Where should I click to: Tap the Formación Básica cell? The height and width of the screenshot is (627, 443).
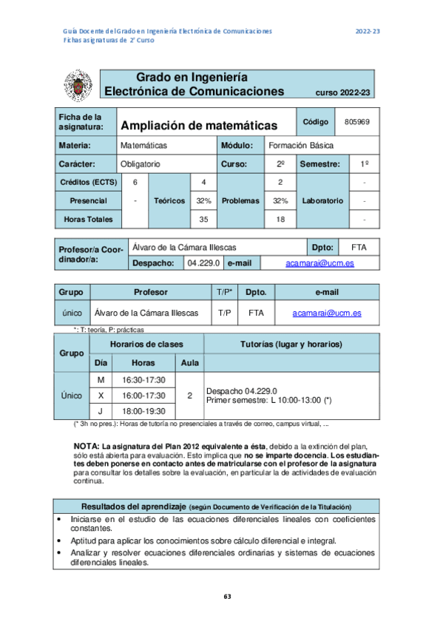pos(301,145)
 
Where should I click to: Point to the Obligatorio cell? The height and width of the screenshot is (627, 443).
pos(141,164)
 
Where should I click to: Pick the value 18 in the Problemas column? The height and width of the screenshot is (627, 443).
pos(280,219)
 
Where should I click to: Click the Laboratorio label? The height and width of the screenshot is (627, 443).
pos(322,200)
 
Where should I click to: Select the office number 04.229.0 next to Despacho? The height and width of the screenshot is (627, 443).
pos(203,262)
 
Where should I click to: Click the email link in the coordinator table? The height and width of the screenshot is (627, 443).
pos(319,262)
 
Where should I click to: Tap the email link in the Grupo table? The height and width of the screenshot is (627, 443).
pos(326,313)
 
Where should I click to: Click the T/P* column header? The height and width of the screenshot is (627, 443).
pos(225,292)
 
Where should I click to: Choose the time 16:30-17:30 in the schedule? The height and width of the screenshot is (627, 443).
pos(143,380)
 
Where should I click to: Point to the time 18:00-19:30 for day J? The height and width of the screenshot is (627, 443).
pos(143,411)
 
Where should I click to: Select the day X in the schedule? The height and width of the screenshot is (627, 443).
pos(101,396)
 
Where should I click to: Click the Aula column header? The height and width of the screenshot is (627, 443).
pos(189,363)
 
